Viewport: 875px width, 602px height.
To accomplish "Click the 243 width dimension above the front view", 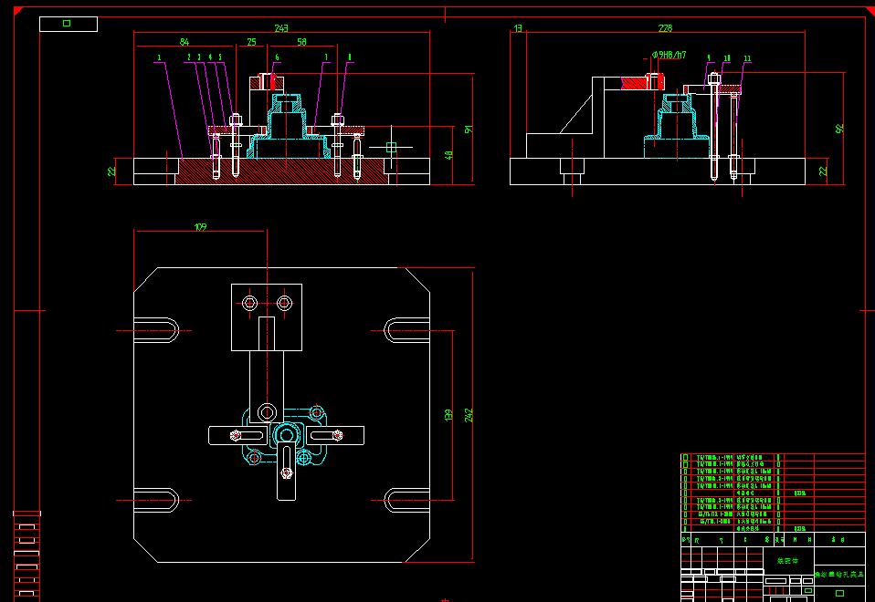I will pos(281,28).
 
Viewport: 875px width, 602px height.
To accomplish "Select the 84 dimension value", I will pos(184,42).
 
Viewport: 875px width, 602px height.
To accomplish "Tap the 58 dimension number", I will pos(301,42).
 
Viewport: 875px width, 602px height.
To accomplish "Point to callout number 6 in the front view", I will pos(277,57).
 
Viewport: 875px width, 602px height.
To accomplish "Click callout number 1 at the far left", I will pos(159,57).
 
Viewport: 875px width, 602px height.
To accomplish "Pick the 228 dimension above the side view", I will pos(665,28).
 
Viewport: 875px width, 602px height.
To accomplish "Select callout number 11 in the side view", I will pos(747,58).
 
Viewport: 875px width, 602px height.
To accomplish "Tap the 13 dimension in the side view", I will pos(518,28).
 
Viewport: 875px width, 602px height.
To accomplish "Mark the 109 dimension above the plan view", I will pos(200,226).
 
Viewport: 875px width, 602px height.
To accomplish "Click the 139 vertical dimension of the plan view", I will pos(448,415).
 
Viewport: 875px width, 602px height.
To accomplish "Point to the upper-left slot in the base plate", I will pos(162,329).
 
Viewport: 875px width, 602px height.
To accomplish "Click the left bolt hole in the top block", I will pos(249,302).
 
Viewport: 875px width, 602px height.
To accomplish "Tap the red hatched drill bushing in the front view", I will pos(272,81).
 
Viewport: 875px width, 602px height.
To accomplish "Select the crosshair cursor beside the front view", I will pos(391,147).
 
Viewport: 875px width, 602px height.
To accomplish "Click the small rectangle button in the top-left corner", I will pos(68,24).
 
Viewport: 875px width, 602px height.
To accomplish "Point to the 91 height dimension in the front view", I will pos(469,129).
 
